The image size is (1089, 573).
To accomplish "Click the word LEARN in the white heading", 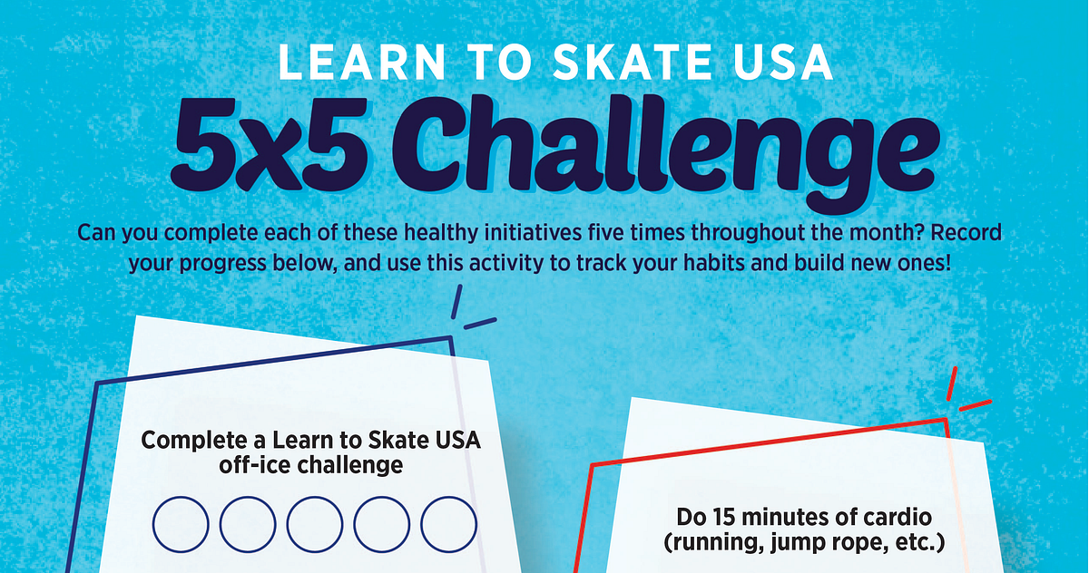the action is [x=362, y=62].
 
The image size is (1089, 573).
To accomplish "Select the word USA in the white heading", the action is [x=784, y=62].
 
